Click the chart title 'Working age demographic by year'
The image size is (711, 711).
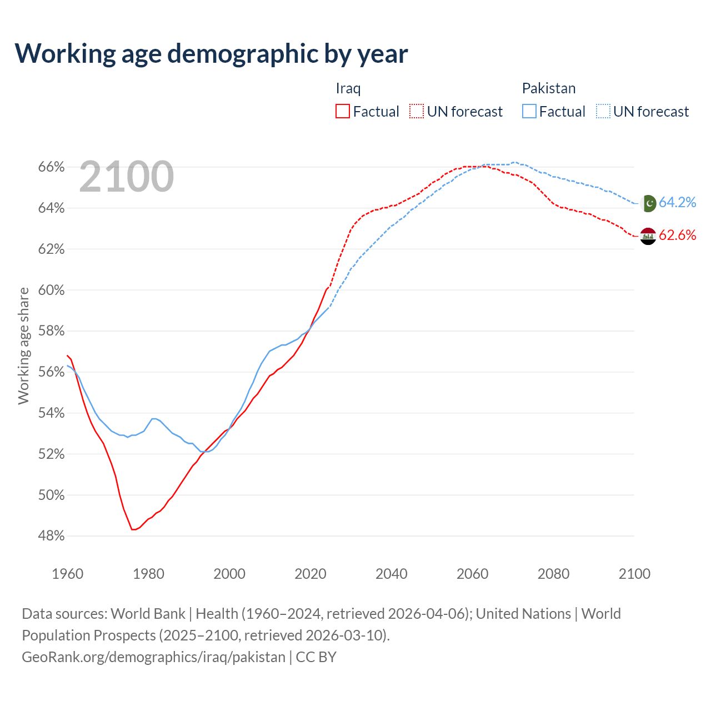click(x=211, y=54)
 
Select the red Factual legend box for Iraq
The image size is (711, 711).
click(x=343, y=111)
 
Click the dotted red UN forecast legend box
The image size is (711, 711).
click(x=417, y=111)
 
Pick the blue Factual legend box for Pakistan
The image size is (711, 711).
click(x=529, y=111)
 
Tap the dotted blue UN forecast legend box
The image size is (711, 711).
click(x=603, y=111)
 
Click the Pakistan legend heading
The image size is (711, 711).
click(x=548, y=88)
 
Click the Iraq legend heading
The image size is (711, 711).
click(x=348, y=88)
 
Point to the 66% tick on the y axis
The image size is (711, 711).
click(x=51, y=167)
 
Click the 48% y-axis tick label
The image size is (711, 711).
click(x=51, y=536)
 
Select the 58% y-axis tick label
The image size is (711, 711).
click(x=51, y=331)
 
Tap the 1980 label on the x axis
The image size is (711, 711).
click(x=148, y=574)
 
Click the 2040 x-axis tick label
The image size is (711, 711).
click(x=391, y=574)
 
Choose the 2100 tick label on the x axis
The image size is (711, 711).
click(x=634, y=574)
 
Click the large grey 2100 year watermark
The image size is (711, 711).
click(x=127, y=177)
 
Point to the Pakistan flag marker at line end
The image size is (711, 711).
click(x=648, y=203)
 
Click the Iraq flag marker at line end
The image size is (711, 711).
click(x=648, y=236)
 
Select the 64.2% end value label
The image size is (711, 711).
click(x=677, y=202)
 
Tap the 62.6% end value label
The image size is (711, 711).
click(x=677, y=235)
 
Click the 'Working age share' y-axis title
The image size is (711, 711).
click(x=23, y=346)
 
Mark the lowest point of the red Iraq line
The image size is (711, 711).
click(x=133, y=529)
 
